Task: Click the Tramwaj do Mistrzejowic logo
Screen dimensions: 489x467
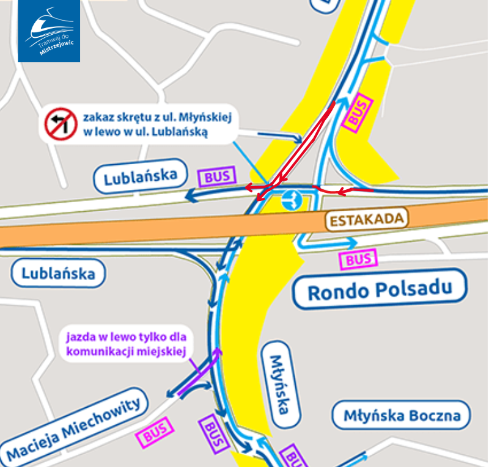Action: coord(49,31)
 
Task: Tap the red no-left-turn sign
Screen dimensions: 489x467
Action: coord(59,123)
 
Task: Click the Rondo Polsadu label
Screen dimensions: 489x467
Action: coord(380,289)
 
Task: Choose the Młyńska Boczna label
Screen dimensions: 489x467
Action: coord(401,416)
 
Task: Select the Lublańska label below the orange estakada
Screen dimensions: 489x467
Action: coord(59,272)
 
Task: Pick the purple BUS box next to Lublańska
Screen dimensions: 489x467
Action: coord(217,177)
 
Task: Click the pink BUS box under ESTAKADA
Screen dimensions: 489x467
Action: coord(359,260)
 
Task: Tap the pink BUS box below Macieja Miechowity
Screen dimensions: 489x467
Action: coord(156,435)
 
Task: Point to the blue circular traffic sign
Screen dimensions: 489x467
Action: coord(291,200)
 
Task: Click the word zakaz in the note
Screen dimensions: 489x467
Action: coord(97,117)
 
